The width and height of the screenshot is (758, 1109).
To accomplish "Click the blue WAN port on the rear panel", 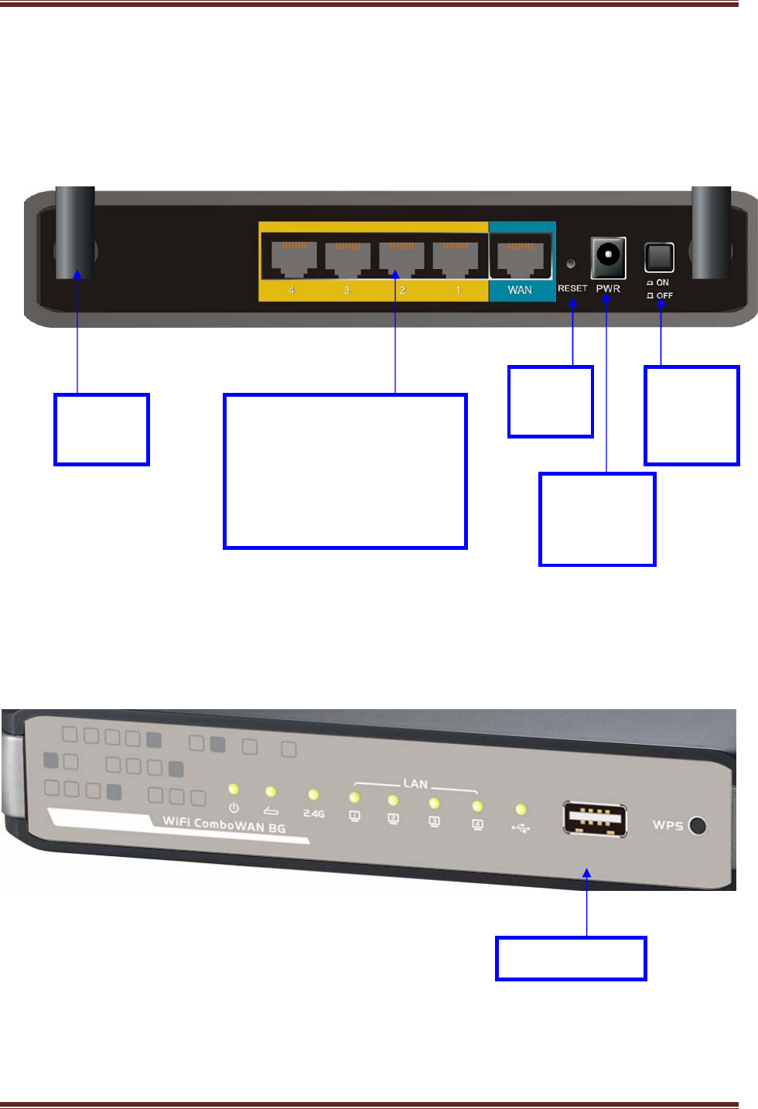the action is point(521,257).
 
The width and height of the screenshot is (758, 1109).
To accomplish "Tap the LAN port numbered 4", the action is point(289,258).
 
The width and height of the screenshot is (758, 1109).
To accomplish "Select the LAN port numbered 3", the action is point(346,258).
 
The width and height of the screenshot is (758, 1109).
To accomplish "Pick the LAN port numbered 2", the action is point(401,258).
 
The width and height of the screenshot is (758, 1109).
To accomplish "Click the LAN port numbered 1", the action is point(456,258).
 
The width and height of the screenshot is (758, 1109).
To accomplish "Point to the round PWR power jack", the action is point(608,256).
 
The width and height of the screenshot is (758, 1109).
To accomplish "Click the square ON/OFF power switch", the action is point(659,258).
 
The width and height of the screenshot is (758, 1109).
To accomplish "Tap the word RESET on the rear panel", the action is point(572,288).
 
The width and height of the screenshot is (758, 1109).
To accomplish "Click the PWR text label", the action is point(608,288).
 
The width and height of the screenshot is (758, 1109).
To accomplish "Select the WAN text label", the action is point(520,290).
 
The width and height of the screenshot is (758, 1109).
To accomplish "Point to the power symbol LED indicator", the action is point(234,790).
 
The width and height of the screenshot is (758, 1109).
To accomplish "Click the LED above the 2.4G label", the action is point(313,794).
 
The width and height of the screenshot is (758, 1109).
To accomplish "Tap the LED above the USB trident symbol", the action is point(521,809).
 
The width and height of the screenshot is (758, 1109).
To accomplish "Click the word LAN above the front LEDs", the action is point(415,783).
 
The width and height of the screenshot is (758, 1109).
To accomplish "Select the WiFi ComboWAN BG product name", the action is point(224,824).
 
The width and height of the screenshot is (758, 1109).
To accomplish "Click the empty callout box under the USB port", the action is point(571,958).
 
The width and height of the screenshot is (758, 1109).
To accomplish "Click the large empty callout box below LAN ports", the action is point(345,471).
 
